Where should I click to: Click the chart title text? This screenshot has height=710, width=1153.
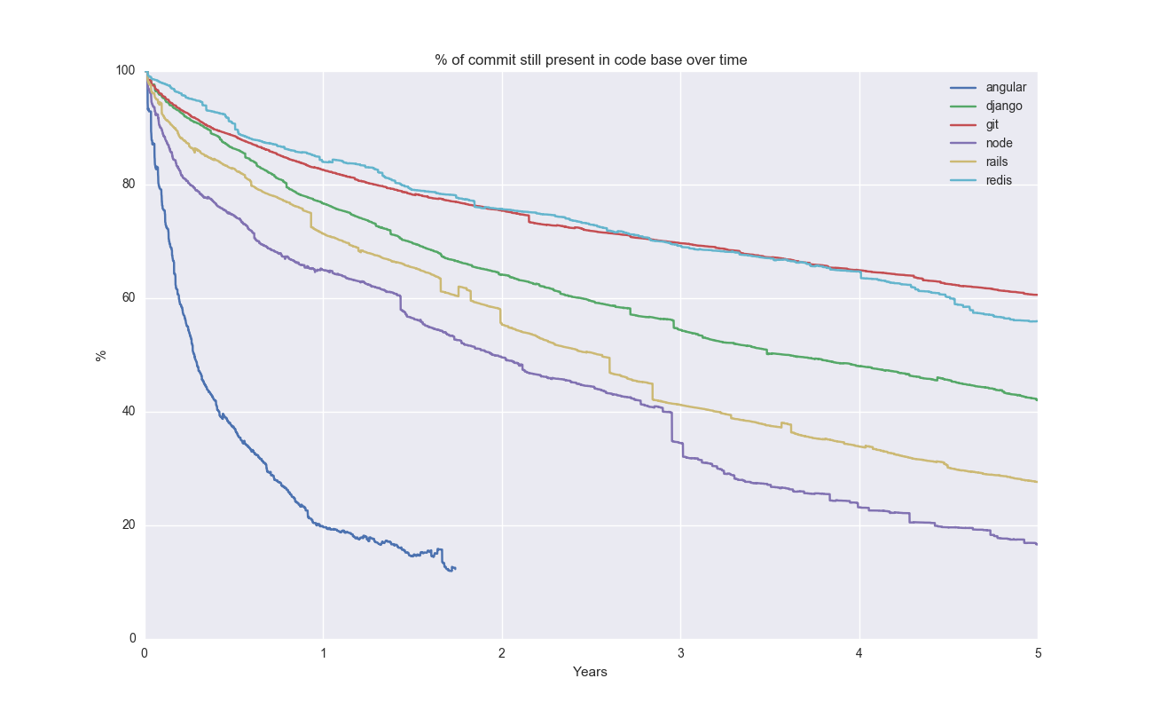pyautogui.click(x=591, y=60)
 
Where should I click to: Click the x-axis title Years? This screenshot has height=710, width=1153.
pyautogui.click(x=590, y=672)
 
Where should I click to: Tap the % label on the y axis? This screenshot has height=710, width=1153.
pyautogui.click(x=100, y=355)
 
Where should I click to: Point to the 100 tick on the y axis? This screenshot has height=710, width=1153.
pyautogui.click(x=127, y=71)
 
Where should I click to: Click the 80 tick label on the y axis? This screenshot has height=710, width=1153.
pyautogui.click(x=129, y=185)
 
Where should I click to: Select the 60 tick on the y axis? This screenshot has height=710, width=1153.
pyautogui.click(x=129, y=298)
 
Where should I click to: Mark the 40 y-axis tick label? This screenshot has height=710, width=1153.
pyautogui.click(x=129, y=412)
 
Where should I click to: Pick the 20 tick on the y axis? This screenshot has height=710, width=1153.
pyautogui.click(x=129, y=525)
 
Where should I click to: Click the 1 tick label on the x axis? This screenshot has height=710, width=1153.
pyautogui.click(x=323, y=651)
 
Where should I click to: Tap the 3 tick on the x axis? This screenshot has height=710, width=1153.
pyautogui.click(x=680, y=651)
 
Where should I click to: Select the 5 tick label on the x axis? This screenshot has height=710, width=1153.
pyautogui.click(x=1037, y=651)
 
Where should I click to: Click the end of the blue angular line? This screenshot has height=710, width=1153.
pyautogui.click(x=455, y=568)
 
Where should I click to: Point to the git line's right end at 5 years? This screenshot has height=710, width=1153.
pyautogui.click(x=1037, y=295)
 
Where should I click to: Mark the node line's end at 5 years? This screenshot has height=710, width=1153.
pyautogui.click(x=1037, y=544)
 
